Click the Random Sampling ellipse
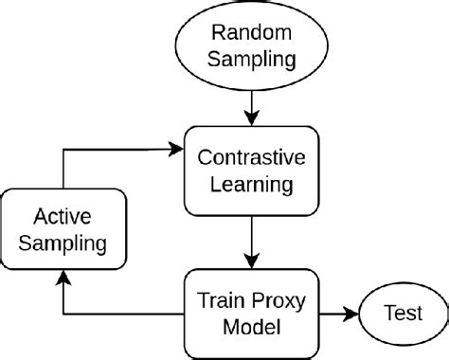[251, 46]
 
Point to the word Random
[251, 33]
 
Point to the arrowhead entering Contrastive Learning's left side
[176, 148]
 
